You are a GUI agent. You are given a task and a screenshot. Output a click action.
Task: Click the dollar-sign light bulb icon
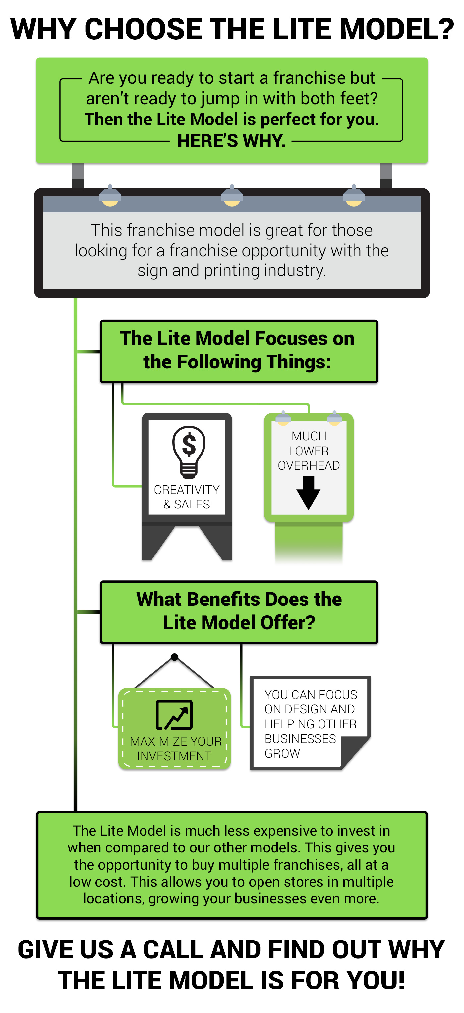pos(189,452)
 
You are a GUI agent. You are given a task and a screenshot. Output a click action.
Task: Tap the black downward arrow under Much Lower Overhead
pos(308,493)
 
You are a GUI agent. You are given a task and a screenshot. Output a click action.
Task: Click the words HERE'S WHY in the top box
pos(231,141)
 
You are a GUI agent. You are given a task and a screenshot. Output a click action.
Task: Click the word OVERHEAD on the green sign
pos(309,465)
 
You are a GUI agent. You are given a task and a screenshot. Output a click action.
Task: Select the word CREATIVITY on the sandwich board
pos(187,490)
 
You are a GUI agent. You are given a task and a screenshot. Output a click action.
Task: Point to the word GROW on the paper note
pos(282,753)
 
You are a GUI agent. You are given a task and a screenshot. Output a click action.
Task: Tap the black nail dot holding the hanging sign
pos(175,657)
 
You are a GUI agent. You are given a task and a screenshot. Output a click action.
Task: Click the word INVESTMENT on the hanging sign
pos(174,756)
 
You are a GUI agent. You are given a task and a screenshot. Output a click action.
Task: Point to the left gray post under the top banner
pos(78,176)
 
